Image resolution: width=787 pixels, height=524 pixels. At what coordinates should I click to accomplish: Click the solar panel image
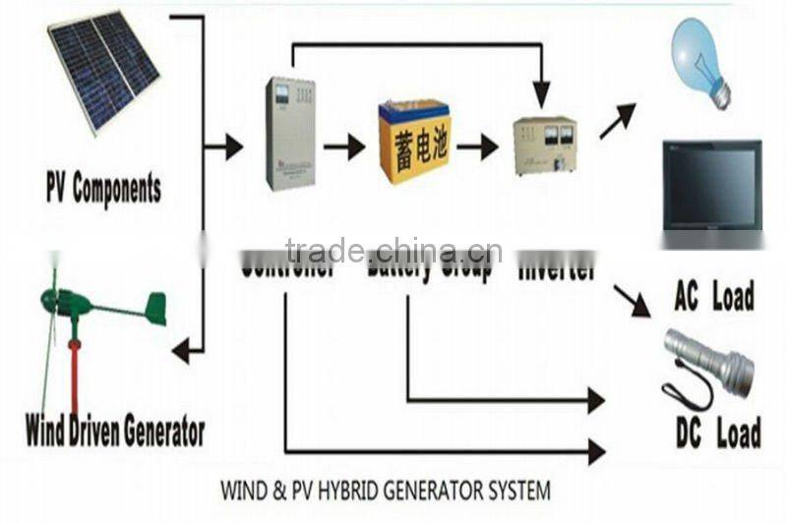(103, 69)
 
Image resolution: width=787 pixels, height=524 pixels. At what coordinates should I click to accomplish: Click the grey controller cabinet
(290, 133)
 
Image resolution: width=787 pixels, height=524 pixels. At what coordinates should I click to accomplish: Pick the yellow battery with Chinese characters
(414, 143)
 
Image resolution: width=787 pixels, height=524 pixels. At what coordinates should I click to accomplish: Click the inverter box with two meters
(544, 146)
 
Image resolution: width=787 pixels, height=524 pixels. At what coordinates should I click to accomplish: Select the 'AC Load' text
(714, 295)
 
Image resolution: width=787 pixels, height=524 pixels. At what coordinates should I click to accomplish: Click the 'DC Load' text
(717, 433)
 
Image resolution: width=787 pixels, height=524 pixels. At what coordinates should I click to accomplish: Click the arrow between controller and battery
(344, 147)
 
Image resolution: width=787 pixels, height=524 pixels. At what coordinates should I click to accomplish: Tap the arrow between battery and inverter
(477, 147)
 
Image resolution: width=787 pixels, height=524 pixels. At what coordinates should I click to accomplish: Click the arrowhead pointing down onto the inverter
(541, 95)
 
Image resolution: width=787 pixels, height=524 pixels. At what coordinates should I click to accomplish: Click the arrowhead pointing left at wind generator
(182, 349)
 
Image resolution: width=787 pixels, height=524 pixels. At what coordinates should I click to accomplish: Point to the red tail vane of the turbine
(155, 308)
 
